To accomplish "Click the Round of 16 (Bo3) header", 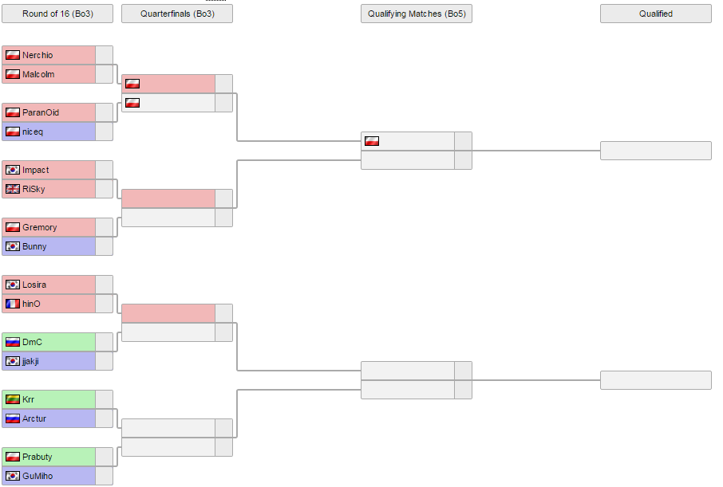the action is point(57,14).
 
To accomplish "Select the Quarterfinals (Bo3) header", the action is point(177,14).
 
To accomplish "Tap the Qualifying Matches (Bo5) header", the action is point(417,14).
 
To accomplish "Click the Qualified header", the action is point(656,14).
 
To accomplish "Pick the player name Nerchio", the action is point(38,55).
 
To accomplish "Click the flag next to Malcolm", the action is point(13,74).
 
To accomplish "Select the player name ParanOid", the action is point(41,112).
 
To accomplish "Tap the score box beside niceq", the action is point(105,132).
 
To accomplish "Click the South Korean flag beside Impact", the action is point(13,170).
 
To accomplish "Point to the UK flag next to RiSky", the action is point(13,189).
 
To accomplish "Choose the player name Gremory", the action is point(40,227).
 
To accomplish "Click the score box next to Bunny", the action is point(105,246).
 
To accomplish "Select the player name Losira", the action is point(34,285).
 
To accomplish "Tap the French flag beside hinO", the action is point(13,304).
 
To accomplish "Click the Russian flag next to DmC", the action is point(13,342).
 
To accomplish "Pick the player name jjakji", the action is point(30,361).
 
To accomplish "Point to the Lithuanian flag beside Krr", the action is point(13,399).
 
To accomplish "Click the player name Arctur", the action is point(34,418).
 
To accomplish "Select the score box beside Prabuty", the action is point(105,457).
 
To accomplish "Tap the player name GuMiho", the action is point(38,476).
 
